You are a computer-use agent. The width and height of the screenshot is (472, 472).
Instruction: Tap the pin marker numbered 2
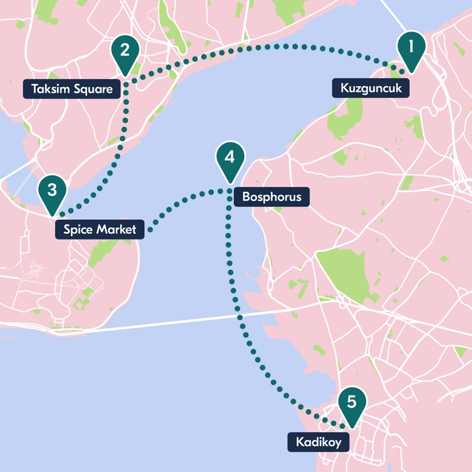point(125,51)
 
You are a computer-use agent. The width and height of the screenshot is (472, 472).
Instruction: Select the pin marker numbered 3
point(52,191)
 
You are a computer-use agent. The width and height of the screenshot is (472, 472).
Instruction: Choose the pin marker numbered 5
point(352,404)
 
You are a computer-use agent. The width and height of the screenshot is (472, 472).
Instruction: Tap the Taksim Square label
point(72,88)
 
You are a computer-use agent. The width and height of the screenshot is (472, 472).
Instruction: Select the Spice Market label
point(99,231)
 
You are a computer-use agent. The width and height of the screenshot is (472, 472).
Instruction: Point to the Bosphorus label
point(268,197)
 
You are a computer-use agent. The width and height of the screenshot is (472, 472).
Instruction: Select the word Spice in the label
point(78,231)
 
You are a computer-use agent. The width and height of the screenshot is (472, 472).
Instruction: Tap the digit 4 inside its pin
point(229,158)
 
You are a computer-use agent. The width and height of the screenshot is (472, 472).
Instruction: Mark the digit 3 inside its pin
point(52,188)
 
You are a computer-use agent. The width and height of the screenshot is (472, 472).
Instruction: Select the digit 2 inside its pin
point(125,48)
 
